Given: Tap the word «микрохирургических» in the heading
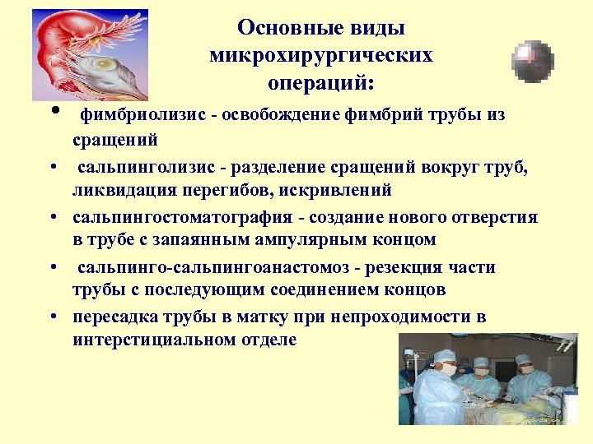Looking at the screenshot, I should tap(321, 56).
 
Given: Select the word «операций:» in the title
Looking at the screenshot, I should tap(321, 83).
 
